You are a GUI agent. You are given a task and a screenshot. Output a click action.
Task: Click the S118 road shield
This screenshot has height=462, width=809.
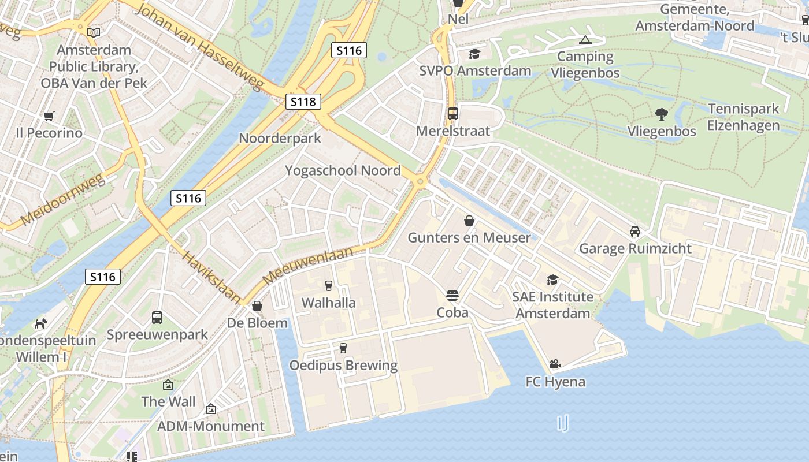tap(303, 102)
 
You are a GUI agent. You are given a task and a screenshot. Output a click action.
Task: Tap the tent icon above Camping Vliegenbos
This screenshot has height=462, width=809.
tap(585, 40)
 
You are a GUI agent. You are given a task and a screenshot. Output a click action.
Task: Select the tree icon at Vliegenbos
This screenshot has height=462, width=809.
tap(662, 114)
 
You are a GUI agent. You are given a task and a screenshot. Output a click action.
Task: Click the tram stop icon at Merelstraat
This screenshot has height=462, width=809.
tap(452, 114)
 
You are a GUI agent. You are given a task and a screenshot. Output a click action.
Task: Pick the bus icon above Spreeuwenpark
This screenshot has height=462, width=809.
tap(157, 317)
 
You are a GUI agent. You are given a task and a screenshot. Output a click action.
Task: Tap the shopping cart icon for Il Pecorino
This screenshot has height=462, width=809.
tap(49, 116)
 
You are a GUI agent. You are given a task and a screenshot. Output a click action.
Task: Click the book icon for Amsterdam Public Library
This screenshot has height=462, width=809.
tap(93, 32)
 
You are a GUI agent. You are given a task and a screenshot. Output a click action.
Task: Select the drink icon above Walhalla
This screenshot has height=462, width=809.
tap(328, 285)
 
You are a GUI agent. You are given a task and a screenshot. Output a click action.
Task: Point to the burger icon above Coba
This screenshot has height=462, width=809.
tap(452, 296)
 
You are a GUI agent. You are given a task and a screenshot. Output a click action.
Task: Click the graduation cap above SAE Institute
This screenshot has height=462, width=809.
tap(552, 280)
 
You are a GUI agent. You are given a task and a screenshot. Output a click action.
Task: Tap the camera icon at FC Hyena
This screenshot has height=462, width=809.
tap(555, 364)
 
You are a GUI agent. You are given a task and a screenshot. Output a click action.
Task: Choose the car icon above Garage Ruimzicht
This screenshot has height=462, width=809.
tap(634, 232)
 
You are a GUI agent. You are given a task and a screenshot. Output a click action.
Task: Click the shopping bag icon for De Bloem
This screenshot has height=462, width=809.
tap(257, 306)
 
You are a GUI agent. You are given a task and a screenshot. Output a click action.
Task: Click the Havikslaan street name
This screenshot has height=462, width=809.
tap(211, 277)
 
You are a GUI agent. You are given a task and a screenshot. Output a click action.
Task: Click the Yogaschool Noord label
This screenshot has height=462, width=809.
tap(343, 170)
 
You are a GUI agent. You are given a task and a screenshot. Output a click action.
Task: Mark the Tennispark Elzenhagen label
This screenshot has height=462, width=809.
tap(744, 117)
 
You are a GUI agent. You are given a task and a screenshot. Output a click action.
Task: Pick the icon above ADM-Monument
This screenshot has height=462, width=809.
tap(211, 409)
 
